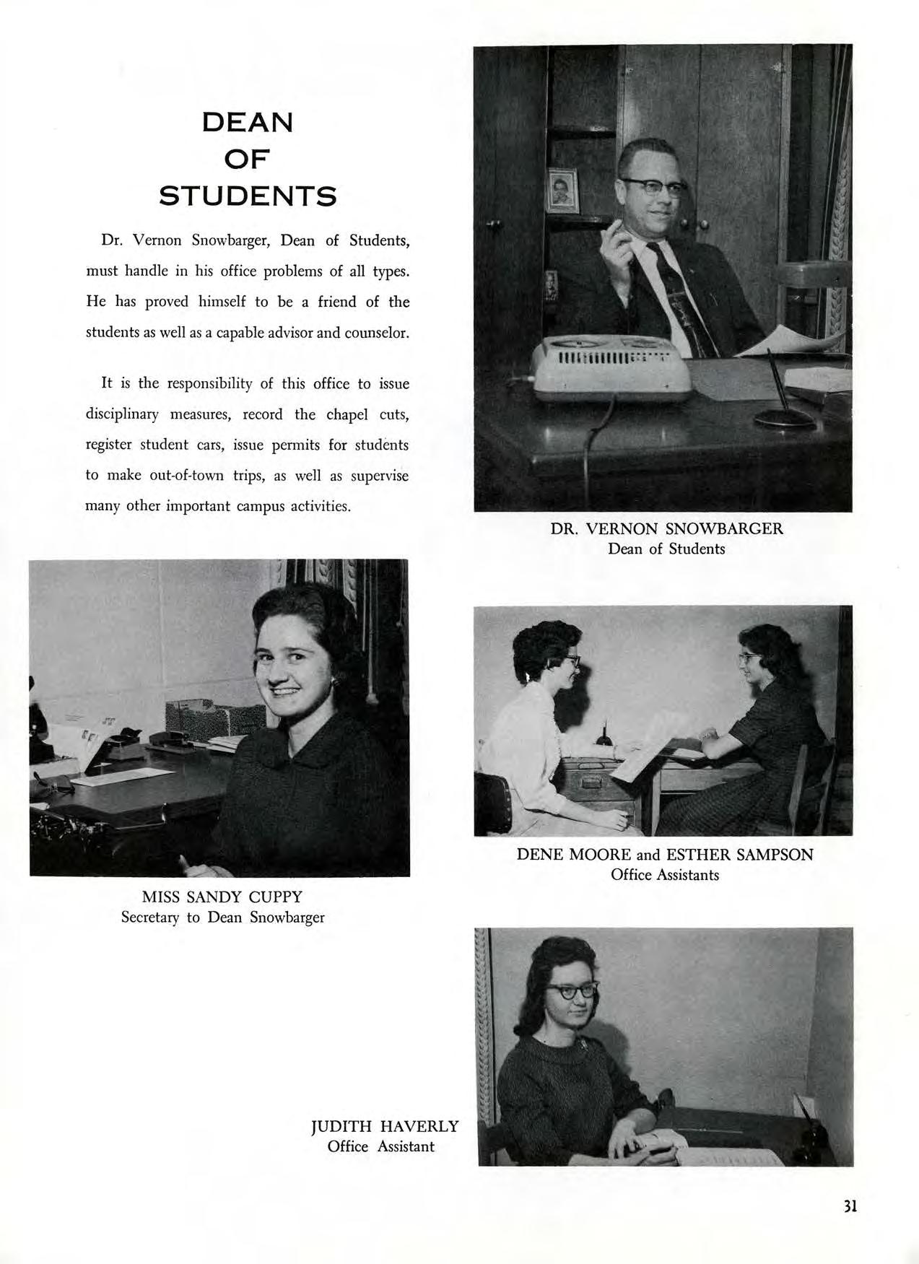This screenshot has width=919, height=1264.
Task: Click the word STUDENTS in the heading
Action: coord(248,196)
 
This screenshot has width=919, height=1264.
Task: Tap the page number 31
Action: coord(849,1206)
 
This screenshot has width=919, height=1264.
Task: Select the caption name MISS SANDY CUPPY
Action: coord(222,897)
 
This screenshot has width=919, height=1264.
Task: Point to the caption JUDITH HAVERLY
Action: coord(385,1126)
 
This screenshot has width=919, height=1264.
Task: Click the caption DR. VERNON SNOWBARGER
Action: coord(666,528)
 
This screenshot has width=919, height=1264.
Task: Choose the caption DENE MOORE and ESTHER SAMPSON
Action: coord(665,855)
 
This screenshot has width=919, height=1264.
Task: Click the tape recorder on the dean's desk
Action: coord(611,369)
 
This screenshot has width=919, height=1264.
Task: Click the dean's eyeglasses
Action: coord(653,186)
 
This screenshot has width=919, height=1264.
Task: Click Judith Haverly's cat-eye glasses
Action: coord(572,990)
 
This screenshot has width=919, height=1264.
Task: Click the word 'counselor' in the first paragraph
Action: coord(378,333)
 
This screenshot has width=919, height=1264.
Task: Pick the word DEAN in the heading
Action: coord(248,122)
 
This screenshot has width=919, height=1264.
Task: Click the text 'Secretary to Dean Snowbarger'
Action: coord(222,918)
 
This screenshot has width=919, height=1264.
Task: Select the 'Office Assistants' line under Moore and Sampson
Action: coord(665,875)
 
